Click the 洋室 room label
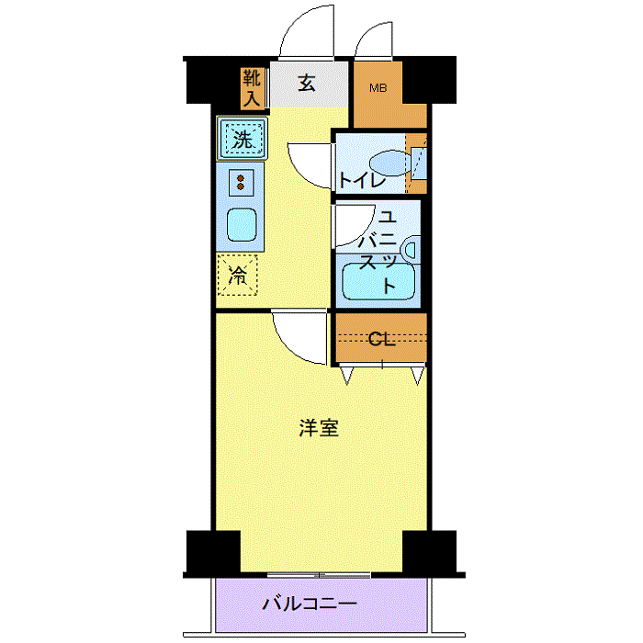319,428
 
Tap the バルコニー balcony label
310,604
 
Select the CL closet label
381,339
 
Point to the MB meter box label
378,88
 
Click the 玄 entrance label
306,84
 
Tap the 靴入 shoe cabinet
252,88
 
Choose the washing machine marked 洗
242,138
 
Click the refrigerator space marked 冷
237,275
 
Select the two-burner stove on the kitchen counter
241,183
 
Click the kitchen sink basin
242,225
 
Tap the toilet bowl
389,163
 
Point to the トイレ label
362,180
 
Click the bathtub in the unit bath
378,281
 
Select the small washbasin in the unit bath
411,250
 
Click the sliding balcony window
319,575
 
